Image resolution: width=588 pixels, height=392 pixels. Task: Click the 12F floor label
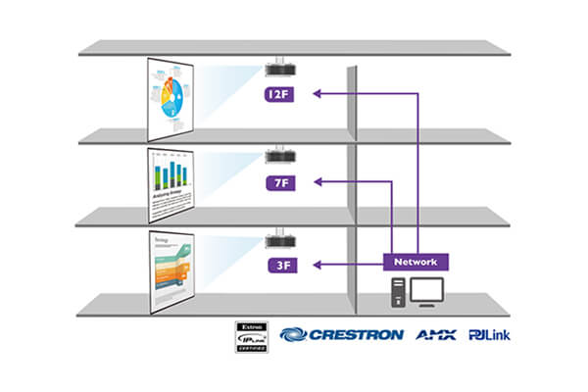tap(278, 95)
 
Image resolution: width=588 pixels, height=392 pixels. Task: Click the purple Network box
tap(416, 263)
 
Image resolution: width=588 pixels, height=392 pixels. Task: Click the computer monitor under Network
tap(426, 290)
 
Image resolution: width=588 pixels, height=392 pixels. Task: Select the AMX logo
tap(436, 335)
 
